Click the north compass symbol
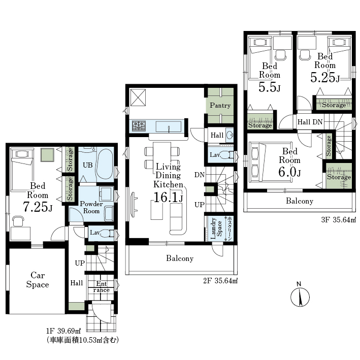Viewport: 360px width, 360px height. (x=300, y=297)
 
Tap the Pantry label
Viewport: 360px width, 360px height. (x=220, y=106)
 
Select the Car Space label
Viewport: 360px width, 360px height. (x=38, y=280)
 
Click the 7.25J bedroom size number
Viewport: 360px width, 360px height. (x=38, y=206)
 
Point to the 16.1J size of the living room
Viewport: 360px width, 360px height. (x=168, y=197)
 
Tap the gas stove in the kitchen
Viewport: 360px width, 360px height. (x=139, y=126)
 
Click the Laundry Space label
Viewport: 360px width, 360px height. (x=216, y=228)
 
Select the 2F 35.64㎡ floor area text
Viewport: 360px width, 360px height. (x=220, y=281)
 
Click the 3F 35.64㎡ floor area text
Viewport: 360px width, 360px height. (x=338, y=220)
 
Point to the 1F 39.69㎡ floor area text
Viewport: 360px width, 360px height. (x=63, y=331)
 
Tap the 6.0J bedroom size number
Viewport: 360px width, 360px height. (x=289, y=172)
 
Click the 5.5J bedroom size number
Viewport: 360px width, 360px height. (x=270, y=87)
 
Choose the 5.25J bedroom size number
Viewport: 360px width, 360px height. (x=325, y=77)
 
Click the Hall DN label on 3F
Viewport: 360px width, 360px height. (x=310, y=122)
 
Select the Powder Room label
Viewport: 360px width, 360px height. (x=91, y=207)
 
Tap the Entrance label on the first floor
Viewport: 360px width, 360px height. (x=102, y=286)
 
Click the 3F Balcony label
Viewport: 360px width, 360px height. (x=300, y=201)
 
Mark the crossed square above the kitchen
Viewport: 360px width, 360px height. (x=138, y=97)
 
